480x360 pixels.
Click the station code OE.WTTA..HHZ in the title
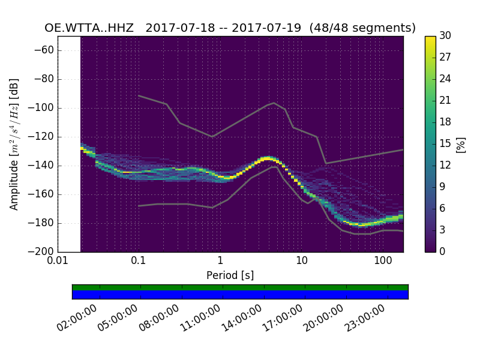click(91, 28)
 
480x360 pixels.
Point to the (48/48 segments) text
click(363, 28)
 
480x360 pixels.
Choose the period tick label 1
click(220, 262)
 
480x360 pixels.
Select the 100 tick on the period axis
click(383, 262)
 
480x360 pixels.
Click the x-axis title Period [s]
click(230, 275)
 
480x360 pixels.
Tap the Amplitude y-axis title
click(14, 144)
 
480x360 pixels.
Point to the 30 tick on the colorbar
click(445, 36)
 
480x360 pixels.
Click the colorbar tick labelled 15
click(445, 144)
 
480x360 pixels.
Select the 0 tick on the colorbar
click(442, 251)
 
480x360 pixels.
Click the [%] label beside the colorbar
click(461, 144)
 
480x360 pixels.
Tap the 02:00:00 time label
click(79, 318)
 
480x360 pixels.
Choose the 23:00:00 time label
click(365, 318)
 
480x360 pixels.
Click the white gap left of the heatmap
click(69, 144)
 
